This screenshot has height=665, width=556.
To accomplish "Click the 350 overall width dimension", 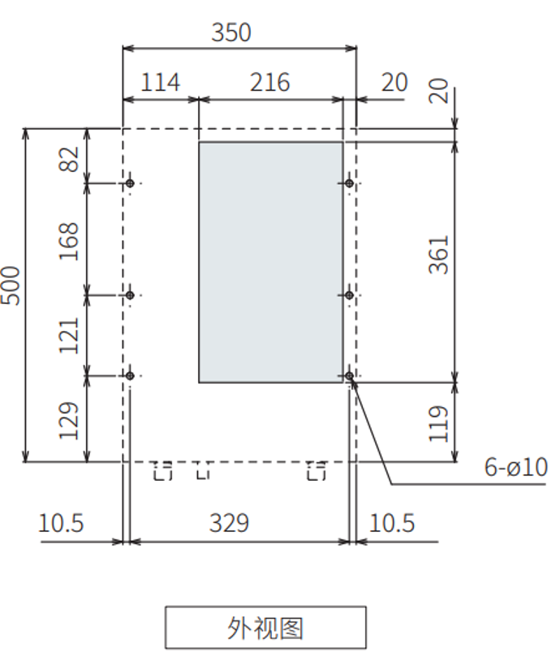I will tap(231, 32).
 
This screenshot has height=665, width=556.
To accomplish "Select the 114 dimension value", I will tap(161, 83).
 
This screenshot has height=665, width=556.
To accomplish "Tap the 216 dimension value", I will tap(270, 83).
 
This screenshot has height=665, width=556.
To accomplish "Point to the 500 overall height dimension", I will tap(11, 285).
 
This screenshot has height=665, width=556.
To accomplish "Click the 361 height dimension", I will tap(438, 254).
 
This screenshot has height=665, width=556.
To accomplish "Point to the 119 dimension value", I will tap(438, 423).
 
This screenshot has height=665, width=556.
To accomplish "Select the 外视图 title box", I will tap(265, 628).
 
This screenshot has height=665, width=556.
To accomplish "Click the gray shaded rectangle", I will tap(270, 262).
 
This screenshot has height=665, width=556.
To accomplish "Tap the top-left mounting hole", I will tap(130, 183).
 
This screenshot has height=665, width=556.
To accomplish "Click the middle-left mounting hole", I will tap(130, 295).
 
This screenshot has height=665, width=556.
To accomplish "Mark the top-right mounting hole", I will tap(349, 183).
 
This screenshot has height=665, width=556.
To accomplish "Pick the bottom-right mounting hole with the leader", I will tap(349, 376).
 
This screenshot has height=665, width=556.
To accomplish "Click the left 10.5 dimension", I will tap(61, 523).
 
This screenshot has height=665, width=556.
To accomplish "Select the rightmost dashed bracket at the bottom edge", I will tap(316, 470).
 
